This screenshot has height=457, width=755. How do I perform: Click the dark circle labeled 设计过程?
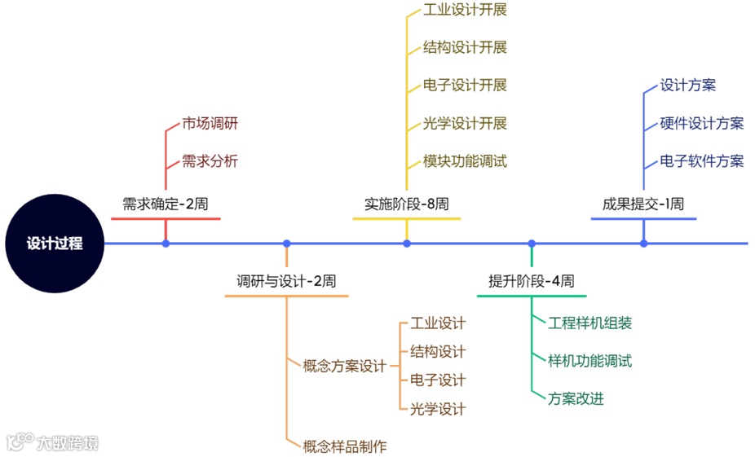click(x=54, y=243)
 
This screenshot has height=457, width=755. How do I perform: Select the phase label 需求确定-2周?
click(x=166, y=204)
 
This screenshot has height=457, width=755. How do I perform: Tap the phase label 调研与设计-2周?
click(x=286, y=281)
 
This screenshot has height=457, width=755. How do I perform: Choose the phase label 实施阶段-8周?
click(x=406, y=204)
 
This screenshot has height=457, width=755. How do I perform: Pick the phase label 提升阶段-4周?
click(x=531, y=281)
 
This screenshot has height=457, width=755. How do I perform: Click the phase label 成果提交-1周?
click(x=642, y=204)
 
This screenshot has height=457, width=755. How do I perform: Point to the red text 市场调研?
click(x=210, y=124)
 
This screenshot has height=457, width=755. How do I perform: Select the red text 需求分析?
click(x=210, y=160)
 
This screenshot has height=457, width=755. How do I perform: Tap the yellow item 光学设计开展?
click(x=465, y=123)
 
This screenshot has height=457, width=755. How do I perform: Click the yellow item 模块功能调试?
click(x=465, y=160)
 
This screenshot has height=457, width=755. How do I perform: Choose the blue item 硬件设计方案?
click(x=701, y=123)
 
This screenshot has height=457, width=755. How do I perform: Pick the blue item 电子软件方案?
click(x=701, y=160)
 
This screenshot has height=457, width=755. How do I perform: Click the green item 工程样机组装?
click(x=589, y=323)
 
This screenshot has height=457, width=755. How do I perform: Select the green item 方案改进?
click(x=576, y=398)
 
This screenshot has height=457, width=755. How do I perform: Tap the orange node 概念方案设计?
click(x=344, y=366)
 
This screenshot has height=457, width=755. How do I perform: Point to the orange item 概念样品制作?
click(x=344, y=446)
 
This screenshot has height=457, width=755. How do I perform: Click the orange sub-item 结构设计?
click(x=438, y=351)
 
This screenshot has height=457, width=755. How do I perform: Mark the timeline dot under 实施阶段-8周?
click(x=407, y=243)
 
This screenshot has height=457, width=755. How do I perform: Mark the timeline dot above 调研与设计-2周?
click(x=286, y=243)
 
